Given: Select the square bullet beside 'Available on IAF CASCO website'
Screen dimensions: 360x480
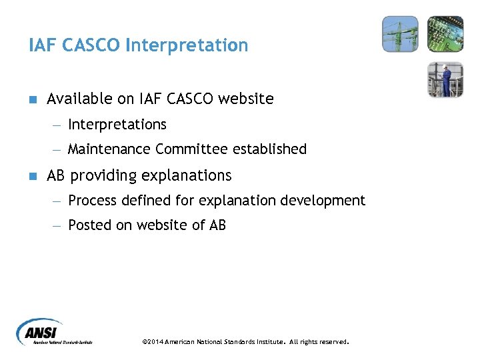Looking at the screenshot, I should pos(32,99).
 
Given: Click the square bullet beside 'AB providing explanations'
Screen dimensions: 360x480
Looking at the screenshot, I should pos(32,176).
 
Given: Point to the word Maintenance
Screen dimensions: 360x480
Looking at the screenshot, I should pos(110,149).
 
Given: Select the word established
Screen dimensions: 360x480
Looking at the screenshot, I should pos(269,149).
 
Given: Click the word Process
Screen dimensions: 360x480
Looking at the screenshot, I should pos(93,201).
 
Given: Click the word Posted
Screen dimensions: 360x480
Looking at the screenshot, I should pos(90,225).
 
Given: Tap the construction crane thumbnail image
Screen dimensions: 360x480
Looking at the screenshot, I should pos(400,34).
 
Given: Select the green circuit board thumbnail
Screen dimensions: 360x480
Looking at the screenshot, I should pos(445,34).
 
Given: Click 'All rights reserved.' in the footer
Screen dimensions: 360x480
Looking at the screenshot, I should pos(319,342).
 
